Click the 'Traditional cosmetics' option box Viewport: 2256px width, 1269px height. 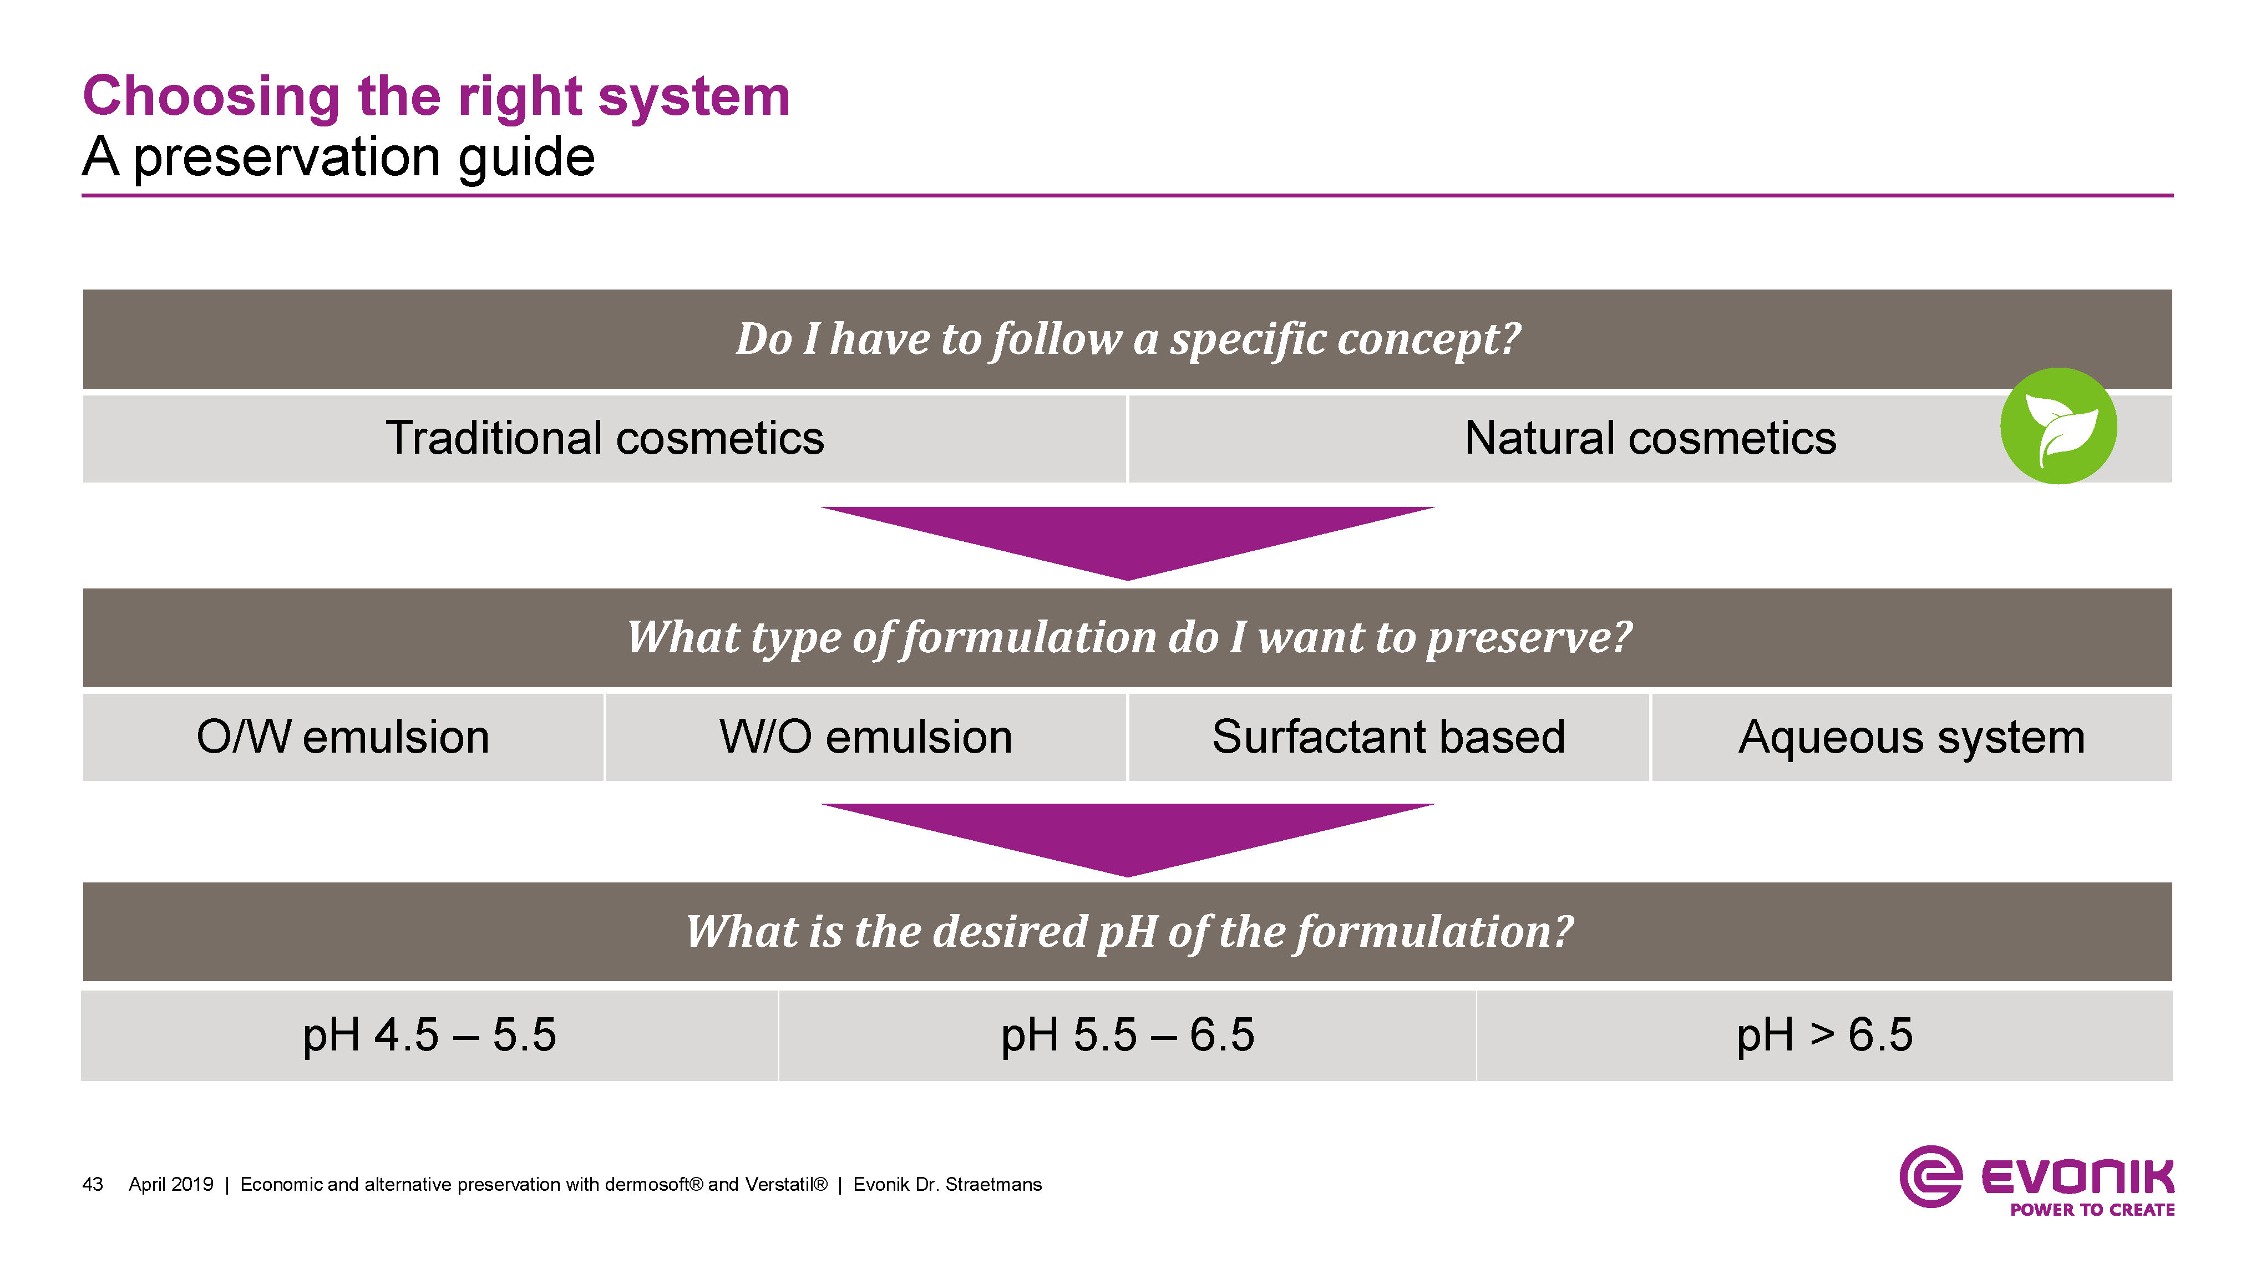click(604, 438)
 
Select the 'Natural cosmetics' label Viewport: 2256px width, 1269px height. click(1650, 438)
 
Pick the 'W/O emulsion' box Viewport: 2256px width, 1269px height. click(865, 737)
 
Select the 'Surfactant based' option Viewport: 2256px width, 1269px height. click(1388, 737)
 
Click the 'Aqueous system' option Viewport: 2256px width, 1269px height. click(1912, 737)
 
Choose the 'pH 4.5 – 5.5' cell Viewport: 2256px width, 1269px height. click(429, 1035)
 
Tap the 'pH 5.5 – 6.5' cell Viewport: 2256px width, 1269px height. click(1127, 1035)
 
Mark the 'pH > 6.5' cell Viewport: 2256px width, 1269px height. click(1825, 1035)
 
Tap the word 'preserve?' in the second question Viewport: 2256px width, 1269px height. click(1529, 638)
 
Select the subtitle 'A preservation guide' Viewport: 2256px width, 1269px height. click(339, 158)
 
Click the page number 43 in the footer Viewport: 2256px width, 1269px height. click(92, 1185)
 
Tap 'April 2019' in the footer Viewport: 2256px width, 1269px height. click(171, 1185)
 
